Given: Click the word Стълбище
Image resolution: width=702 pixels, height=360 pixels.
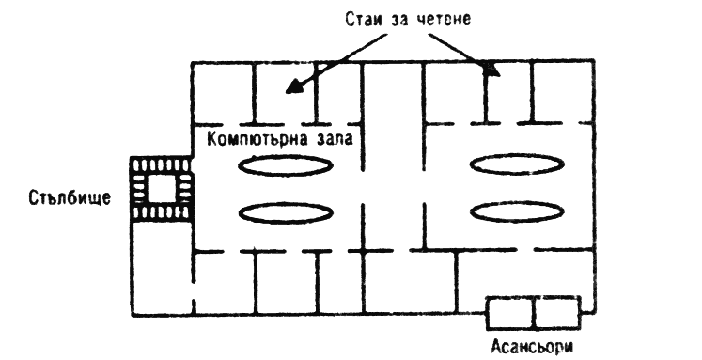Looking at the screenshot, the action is (x=70, y=197).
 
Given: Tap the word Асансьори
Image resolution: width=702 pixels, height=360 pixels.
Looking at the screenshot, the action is (x=532, y=347).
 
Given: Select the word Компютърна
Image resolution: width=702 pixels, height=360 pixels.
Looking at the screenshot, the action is (x=257, y=139).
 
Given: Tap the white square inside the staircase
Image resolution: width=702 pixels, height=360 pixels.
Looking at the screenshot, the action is (x=162, y=189).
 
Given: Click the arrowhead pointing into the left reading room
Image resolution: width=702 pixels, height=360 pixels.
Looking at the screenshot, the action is (x=293, y=86).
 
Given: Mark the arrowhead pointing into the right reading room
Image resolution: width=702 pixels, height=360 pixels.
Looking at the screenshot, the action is (x=492, y=70).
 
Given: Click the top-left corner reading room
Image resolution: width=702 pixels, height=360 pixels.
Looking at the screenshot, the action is (x=223, y=93).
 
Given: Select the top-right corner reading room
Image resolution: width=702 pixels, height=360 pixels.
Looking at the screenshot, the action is (x=563, y=92).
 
